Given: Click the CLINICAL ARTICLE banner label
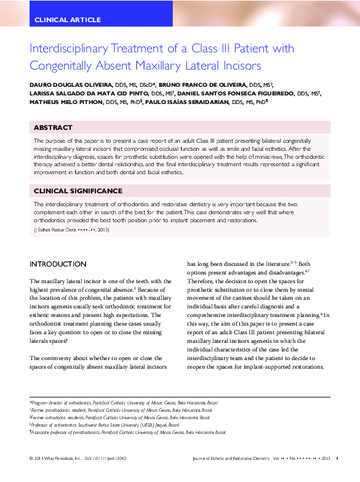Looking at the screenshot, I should pyautogui.click(x=68, y=20).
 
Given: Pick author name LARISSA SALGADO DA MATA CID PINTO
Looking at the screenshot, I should pyautogui.click(x=89, y=93).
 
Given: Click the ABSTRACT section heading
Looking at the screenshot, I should pyautogui.click(x=53, y=127).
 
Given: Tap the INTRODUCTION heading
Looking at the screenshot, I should pyautogui.click(x=58, y=264).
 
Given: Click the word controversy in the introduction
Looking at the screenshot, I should pyautogui.click(x=66, y=358).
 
